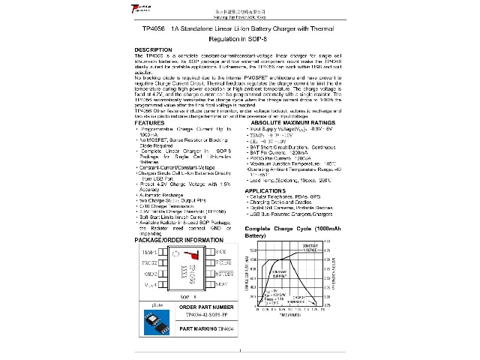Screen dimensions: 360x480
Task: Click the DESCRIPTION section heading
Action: [153, 49]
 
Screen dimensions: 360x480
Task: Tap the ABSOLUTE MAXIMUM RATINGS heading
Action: [288, 122]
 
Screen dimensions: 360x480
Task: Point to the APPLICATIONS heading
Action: [265, 191]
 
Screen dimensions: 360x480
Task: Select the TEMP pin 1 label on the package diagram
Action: [150, 253]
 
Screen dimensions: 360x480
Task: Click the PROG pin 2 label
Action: [150, 263]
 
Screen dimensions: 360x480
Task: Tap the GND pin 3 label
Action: [151, 274]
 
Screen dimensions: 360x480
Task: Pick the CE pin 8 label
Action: [221, 253]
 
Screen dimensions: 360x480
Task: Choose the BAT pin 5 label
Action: [221, 285]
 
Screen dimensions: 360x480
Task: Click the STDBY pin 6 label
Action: [226, 274]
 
